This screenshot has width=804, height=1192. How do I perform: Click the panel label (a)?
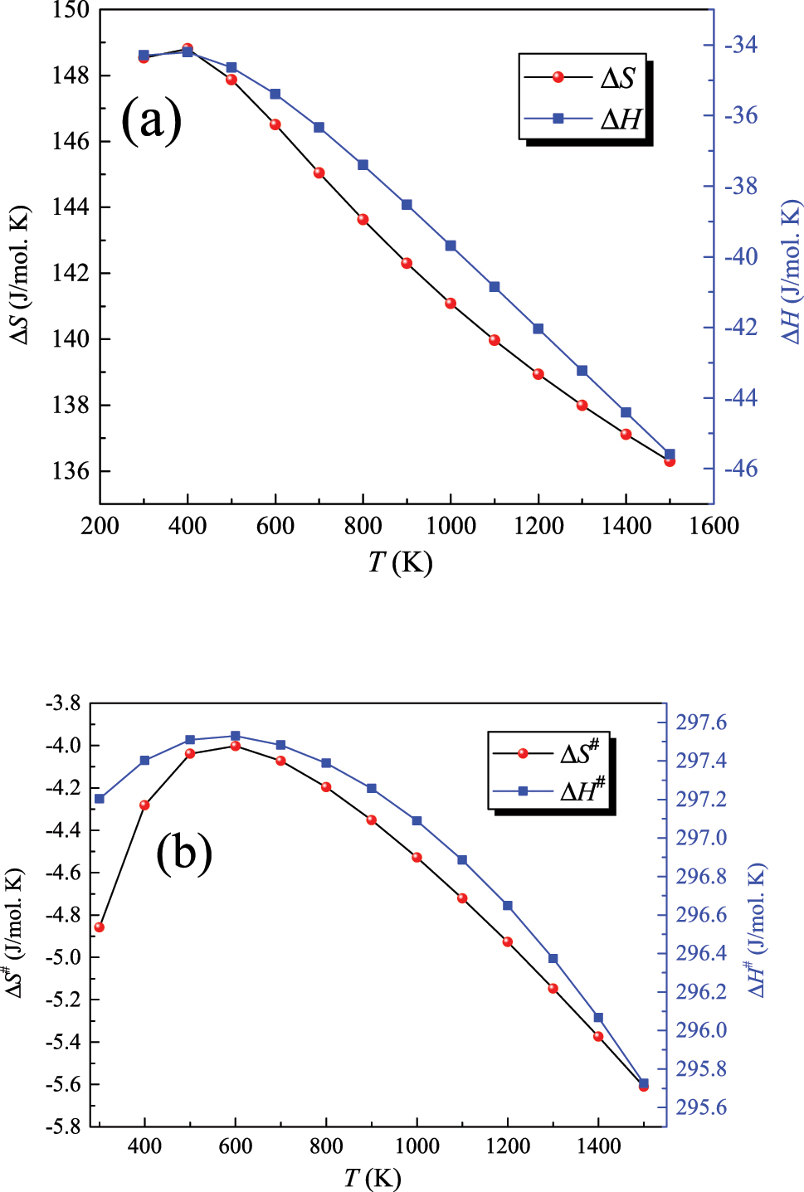[151, 121]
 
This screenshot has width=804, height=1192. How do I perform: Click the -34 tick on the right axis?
[741, 45]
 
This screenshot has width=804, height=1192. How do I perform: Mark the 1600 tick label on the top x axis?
[714, 526]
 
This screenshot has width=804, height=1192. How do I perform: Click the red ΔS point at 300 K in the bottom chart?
[100, 927]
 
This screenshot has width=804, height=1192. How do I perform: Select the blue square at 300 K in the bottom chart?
[100, 799]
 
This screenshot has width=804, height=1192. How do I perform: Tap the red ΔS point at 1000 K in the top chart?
[451, 304]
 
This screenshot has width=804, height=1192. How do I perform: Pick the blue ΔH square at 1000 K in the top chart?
[451, 246]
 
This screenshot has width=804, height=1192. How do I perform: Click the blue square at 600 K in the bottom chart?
[236, 736]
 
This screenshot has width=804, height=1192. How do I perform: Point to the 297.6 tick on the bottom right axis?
[701, 722]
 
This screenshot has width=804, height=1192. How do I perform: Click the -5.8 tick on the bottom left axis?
[63, 1126]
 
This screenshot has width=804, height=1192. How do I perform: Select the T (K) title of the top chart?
[400, 562]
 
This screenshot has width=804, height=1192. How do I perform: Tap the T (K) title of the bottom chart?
[373, 1178]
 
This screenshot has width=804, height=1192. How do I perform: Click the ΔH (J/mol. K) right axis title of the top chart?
[792, 272]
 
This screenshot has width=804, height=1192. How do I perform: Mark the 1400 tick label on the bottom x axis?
[598, 1147]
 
